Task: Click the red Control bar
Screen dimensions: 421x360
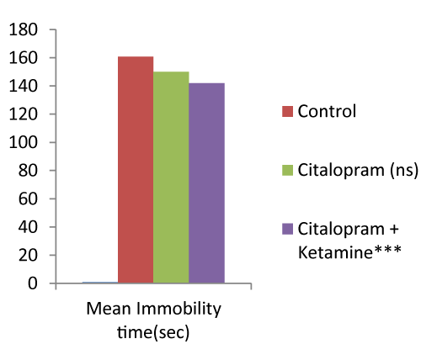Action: [x=136, y=170]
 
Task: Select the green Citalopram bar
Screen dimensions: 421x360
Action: [x=171, y=177]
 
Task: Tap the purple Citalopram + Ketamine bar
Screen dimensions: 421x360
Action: [x=206, y=183]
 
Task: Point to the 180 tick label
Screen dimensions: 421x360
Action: [x=24, y=29]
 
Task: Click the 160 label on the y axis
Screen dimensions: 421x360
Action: [x=24, y=58]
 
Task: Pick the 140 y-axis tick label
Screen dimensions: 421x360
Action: [x=24, y=86]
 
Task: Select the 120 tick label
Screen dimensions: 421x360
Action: [x=24, y=114]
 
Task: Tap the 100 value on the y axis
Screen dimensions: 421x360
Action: [x=24, y=142]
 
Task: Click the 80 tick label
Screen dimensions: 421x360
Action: [x=28, y=171]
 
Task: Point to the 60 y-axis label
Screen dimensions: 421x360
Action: [x=28, y=199]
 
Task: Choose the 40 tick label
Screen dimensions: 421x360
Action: [x=28, y=227]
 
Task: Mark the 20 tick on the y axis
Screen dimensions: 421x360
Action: [x=28, y=255]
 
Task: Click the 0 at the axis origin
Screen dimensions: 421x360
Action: [x=33, y=283]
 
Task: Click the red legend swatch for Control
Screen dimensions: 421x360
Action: [x=287, y=111]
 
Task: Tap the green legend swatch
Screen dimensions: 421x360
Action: [x=287, y=170]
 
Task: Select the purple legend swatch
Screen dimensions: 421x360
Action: [x=287, y=229]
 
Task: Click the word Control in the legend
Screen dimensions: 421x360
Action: [x=327, y=111]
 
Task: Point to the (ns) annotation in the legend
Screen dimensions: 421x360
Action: [x=404, y=170]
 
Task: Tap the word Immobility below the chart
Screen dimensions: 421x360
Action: [x=179, y=310]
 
